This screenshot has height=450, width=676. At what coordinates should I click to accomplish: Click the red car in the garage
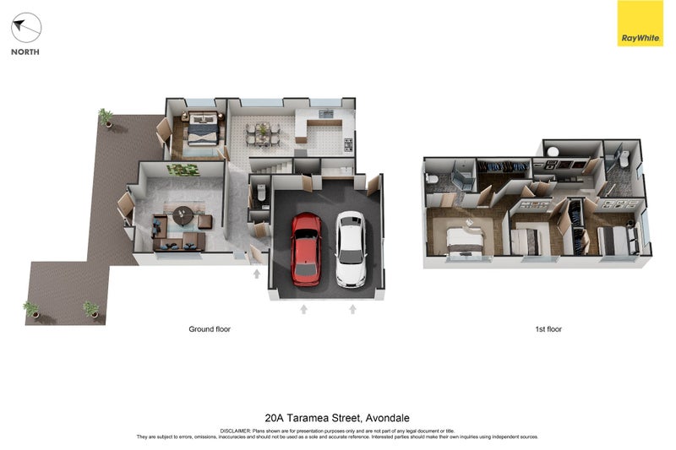click(x=306, y=249)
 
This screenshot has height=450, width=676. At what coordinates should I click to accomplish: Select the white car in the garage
click(x=351, y=249)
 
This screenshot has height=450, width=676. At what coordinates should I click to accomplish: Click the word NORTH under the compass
click(x=25, y=52)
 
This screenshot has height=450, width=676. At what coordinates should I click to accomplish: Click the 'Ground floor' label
click(x=210, y=329)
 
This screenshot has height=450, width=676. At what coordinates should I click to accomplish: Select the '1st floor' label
click(x=548, y=329)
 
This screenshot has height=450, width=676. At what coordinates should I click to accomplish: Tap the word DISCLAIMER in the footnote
click(x=235, y=431)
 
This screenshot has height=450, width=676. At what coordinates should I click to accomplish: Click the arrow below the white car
click(x=352, y=310)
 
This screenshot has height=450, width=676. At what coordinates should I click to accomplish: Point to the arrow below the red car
click(x=303, y=310)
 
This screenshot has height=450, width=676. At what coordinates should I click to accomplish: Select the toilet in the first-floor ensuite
click(x=431, y=179)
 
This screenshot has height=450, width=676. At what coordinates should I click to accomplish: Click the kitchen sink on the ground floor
click(x=326, y=114)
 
